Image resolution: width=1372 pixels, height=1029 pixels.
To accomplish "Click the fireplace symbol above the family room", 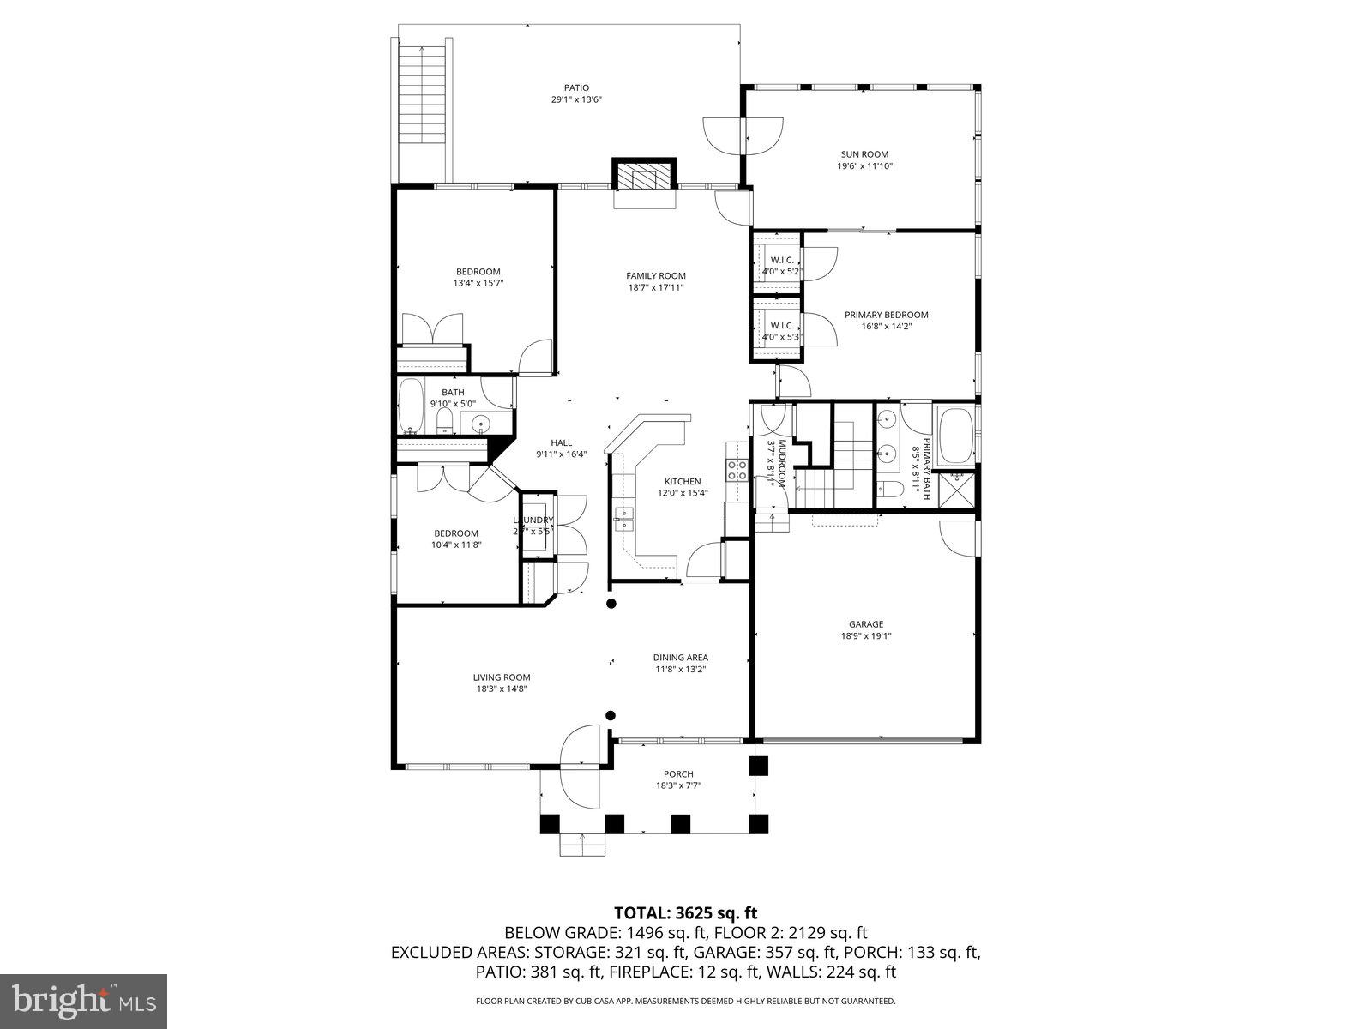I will tap(644, 176).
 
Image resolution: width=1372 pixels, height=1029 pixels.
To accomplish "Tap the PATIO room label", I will tap(576, 87).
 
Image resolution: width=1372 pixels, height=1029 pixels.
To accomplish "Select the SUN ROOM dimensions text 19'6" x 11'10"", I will tap(864, 166).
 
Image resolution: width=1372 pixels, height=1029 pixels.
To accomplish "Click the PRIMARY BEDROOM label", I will tap(886, 315).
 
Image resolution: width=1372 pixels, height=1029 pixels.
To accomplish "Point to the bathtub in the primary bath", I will tap(955, 436).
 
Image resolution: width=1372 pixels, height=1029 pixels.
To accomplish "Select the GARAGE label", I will tap(866, 624).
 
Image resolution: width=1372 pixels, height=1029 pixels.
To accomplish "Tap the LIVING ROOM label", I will tap(503, 677).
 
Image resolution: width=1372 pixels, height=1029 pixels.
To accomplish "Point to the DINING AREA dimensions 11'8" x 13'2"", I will tap(680, 670).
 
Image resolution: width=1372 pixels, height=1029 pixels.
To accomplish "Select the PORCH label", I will tap(679, 774).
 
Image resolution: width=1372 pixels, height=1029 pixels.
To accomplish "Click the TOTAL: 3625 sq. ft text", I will tap(685, 912).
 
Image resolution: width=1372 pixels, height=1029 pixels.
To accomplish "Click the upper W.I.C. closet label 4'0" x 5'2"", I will tap(781, 271).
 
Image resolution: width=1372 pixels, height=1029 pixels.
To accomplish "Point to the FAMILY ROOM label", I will tap(656, 275).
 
